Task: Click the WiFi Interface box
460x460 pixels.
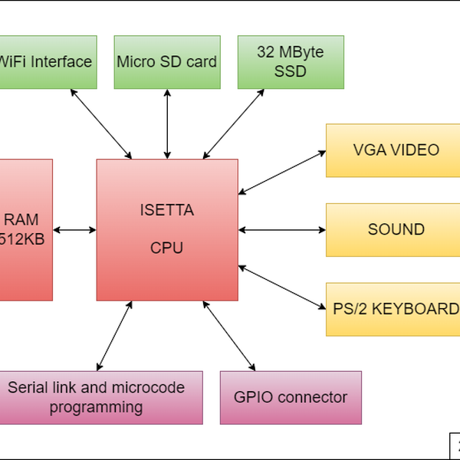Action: [x=48, y=61]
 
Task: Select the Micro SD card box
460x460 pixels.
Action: [x=167, y=61]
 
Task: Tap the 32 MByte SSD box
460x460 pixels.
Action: [x=291, y=61]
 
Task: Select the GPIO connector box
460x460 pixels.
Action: [x=291, y=397]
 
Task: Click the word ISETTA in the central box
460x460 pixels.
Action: [x=167, y=209]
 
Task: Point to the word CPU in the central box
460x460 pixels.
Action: [x=167, y=248]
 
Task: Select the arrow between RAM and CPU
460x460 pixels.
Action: [x=74, y=229]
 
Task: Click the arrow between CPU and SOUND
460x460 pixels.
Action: [x=282, y=229]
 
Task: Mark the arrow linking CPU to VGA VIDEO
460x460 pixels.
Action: [x=282, y=171]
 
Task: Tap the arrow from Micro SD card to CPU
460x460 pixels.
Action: [x=167, y=123]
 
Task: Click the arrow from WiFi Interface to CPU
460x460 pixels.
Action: [x=101, y=123]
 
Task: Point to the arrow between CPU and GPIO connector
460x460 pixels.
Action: [x=228, y=335]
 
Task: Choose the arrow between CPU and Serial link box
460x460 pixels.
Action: [x=113, y=335]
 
